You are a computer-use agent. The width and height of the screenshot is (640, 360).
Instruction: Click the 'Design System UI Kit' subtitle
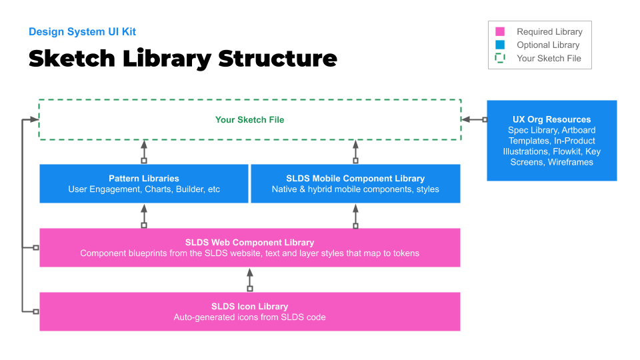[x=82, y=31]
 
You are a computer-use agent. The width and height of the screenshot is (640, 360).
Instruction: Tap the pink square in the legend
[x=500, y=31]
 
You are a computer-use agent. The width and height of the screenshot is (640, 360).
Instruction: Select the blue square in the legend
[x=500, y=45]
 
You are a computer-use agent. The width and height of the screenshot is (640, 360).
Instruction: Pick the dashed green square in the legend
[x=500, y=58]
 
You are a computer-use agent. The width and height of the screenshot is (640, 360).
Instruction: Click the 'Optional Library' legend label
[x=548, y=45]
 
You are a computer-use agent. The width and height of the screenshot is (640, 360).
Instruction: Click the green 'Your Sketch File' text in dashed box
[x=249, y=120]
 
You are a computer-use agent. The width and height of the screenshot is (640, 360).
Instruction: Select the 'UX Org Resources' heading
[x=551, y=119]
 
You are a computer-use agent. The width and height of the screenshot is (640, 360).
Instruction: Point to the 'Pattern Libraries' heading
[x=144, y=179]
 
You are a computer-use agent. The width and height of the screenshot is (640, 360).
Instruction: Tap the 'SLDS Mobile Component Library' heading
[x=355, y=179]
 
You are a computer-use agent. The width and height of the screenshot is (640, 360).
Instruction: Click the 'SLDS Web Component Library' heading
[x=249, y=243]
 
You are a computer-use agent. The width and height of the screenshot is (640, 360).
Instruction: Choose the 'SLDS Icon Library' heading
[x=249, y=307]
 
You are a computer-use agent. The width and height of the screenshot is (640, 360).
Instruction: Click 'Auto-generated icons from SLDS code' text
[x=249, y=317]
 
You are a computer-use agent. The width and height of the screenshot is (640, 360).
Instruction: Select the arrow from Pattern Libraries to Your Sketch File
[x=144, y=151]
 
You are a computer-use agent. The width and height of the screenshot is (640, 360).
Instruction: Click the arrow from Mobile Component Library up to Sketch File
[x=355, y=151]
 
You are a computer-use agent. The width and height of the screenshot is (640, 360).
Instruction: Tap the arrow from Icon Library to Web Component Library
[x=250, y=279]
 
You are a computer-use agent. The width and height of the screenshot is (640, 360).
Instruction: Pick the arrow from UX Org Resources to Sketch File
[x=474, y=120]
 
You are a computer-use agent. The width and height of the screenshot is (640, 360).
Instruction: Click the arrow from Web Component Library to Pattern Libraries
[x=144, y=215]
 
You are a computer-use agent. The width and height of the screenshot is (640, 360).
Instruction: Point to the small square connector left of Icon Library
[x=36, y=311]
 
